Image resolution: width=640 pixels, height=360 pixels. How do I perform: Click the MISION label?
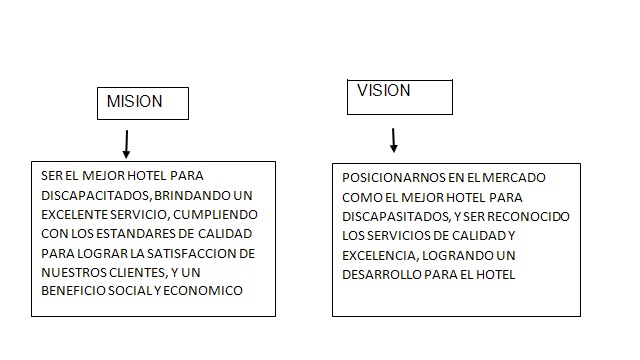(135, 101)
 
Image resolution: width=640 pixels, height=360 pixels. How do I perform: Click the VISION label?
(384, 90)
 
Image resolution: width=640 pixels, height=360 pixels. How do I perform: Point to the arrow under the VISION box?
(394, 139)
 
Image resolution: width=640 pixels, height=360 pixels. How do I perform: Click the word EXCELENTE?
(75, 214)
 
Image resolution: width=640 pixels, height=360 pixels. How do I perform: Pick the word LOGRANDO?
(461, 254)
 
